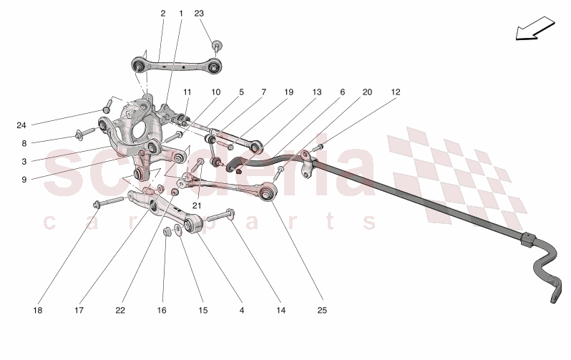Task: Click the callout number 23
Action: coord(199,14)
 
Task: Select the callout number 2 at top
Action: coord(162,14)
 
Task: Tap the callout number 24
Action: coord(21,125)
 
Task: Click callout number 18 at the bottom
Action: coord(37,311)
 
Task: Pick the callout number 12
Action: coord(396,92)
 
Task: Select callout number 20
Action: coord(367,92)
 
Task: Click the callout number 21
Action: coord(196,206)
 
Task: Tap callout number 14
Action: coord(281,311)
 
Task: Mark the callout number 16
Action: coord(162,311)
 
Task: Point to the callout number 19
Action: coord(288,92)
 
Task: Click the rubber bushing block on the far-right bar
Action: coord(529,240)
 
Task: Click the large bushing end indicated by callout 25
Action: coord(270,191)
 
